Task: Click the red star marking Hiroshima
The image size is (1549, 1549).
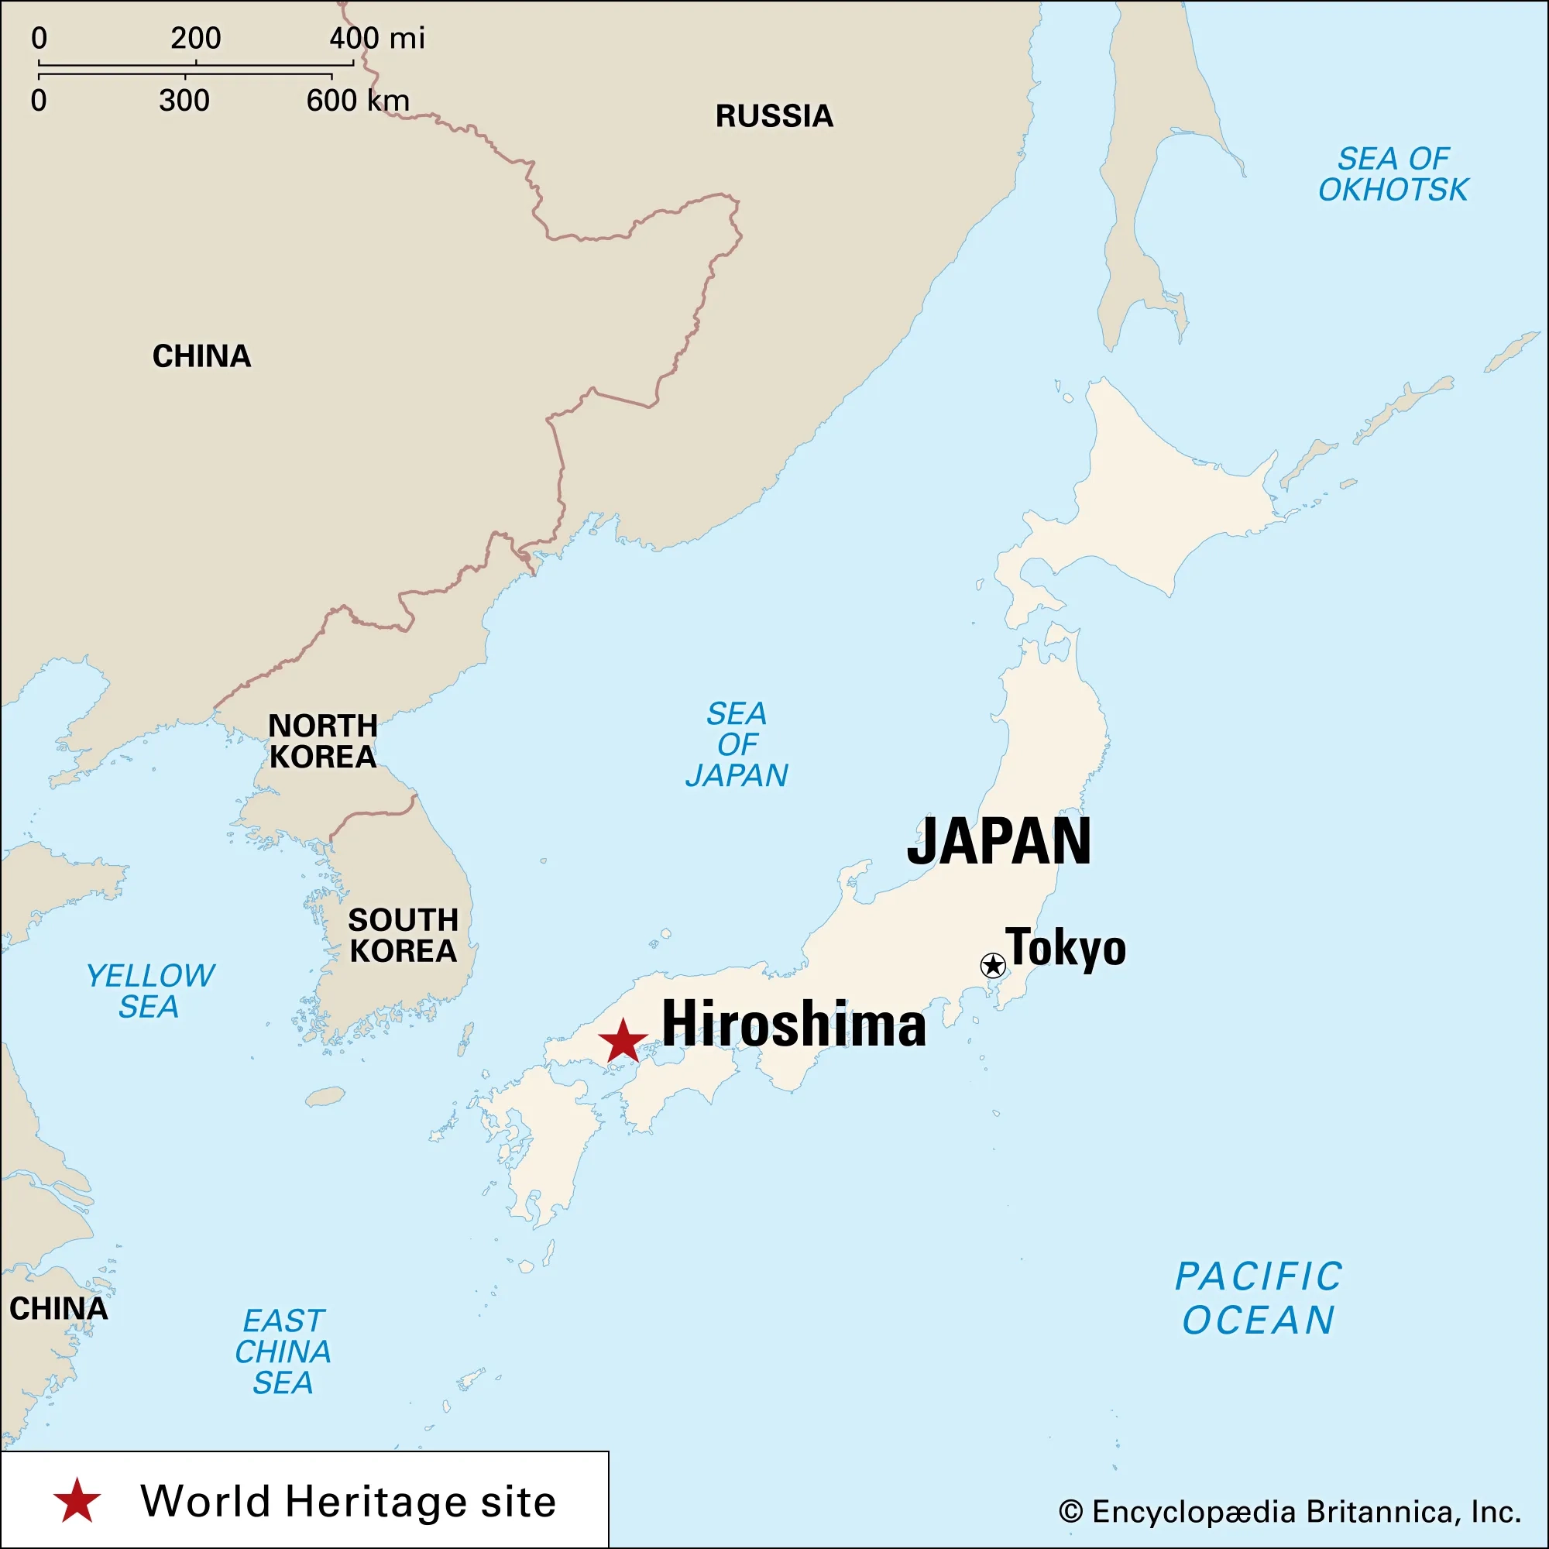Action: (x=623, y=1042)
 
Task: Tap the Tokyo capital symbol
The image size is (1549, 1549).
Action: (x=993, y=965)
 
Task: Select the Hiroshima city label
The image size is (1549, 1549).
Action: (x=793, y=1025)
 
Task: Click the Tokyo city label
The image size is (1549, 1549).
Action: (x=1066, y=948)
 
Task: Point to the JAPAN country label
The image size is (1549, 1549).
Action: (x=999, y=841)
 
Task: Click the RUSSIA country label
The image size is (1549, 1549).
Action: (x=774, y=116)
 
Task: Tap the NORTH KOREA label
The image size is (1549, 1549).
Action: (x=322, y=741)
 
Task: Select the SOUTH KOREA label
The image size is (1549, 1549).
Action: (x=403, y=935)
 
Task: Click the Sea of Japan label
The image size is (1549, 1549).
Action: (x=737, y=744)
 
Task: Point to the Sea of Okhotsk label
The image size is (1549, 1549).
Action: (x=1393, y=174)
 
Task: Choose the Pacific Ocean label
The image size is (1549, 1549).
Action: (x=1259, y=1298)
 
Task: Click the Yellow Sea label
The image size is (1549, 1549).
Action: (x=150, y=991)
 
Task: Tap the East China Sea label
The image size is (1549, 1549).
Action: (x=283, y=1352)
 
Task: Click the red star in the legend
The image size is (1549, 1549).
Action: (x=77, y=1501)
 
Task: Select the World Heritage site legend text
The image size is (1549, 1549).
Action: (x=348, y=1501)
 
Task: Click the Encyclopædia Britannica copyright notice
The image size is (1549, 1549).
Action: (x=1290, y=1511)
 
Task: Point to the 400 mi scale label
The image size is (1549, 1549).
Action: (x=377, y=38)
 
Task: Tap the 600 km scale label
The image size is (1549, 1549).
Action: (x=358, y=100)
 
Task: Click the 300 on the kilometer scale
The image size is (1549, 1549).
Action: (x=184, y=100)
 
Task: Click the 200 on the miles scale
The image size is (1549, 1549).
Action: (x=196, y=38)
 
